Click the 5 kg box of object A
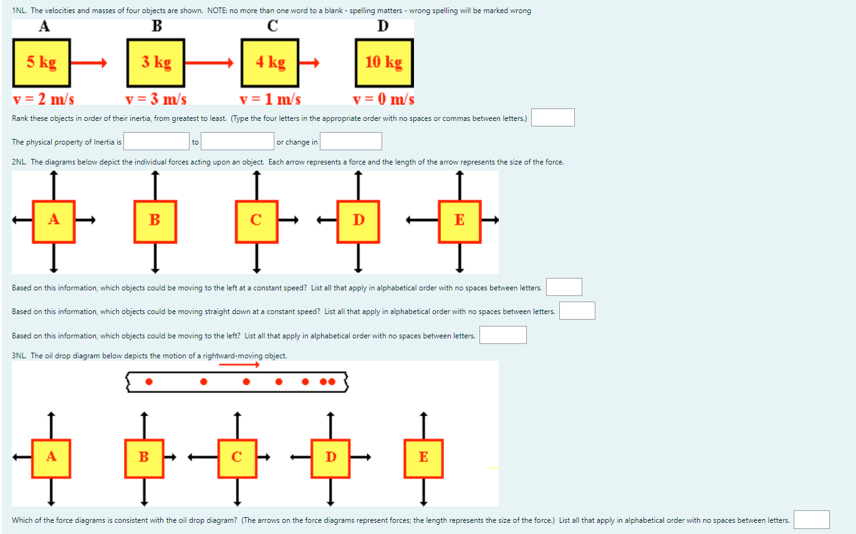coord(41,62)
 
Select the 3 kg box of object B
coord(155,62)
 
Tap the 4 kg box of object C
coord(270,62)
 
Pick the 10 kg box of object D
coord(384,62)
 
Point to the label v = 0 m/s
coord(383,99)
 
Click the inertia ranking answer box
coord(552,118)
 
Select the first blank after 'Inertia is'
coord(156,141)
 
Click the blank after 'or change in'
coord(351,141)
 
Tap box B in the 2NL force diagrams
coord(155,221)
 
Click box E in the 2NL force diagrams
coord(459,221)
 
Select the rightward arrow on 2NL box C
coord(289,219)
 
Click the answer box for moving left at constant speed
coord(564,287)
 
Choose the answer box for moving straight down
coord(577,311)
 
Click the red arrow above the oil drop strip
coord(239,365)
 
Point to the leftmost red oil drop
coord(148,381)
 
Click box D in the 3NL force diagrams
coord(330,457)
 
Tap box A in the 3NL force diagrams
coord(51,457)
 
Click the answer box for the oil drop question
coord(811,520)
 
